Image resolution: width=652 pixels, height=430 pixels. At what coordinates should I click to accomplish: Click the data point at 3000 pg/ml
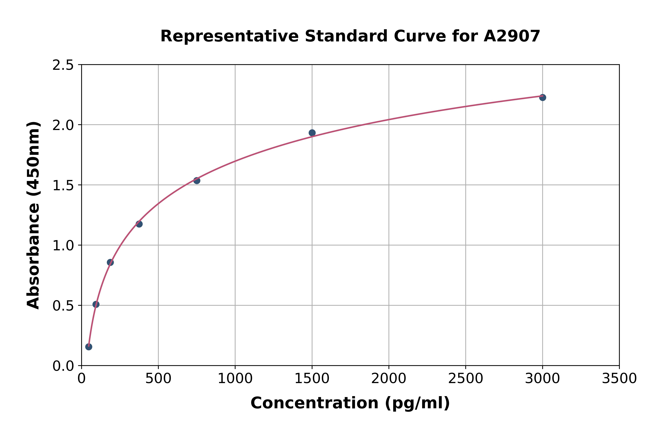(542, 97)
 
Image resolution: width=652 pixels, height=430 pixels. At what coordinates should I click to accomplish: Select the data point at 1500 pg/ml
(312, 133)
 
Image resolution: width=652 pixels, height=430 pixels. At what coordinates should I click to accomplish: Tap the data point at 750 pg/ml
(197, 180)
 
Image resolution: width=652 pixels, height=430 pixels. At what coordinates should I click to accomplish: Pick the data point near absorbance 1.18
(139, 224)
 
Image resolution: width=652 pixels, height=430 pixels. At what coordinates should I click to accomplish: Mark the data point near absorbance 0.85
(110, 262)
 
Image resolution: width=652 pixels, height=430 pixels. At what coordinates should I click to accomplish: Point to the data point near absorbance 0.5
(96, 304)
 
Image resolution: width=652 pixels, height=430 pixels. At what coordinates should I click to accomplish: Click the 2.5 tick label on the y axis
(63, 65)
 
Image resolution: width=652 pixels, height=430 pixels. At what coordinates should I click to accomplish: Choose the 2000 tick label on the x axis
(389, 379)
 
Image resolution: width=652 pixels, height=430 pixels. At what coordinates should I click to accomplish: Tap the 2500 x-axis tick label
(465, 379)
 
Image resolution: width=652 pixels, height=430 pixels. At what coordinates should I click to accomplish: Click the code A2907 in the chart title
(512, 36)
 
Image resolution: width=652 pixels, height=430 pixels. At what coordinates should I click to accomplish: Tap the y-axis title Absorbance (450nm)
(33, 215)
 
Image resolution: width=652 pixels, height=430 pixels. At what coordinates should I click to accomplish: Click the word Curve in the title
(420, 36)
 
